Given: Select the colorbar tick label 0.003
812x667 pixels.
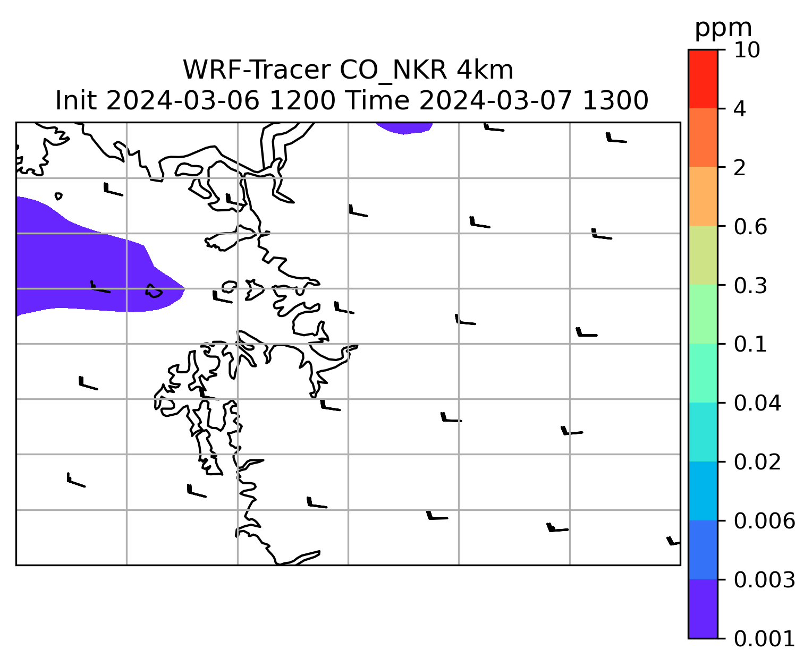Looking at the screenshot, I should [764, 580].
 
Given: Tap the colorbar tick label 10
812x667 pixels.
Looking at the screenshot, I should [747, 50].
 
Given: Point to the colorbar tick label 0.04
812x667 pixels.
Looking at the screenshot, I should [757, 403].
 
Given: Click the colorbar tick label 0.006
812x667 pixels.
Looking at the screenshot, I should [764, 521].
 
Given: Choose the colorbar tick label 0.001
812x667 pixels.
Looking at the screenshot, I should [764, 638].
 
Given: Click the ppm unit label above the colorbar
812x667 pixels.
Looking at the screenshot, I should [723, 28].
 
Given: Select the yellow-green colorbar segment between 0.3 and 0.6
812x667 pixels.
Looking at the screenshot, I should [703, 255].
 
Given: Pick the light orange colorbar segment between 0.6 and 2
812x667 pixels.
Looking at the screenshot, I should [703, 196].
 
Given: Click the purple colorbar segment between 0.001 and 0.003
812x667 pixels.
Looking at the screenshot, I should [703, 609].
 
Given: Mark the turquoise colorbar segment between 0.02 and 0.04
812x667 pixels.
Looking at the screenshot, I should [703, 432].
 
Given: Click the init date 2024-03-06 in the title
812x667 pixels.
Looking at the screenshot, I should [183, 100].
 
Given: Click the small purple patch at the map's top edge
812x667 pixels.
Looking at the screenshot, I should [404, 127].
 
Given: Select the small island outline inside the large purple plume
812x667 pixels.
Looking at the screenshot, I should [154, 291].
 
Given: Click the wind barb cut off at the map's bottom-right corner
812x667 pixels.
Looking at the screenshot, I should [673, 541].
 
